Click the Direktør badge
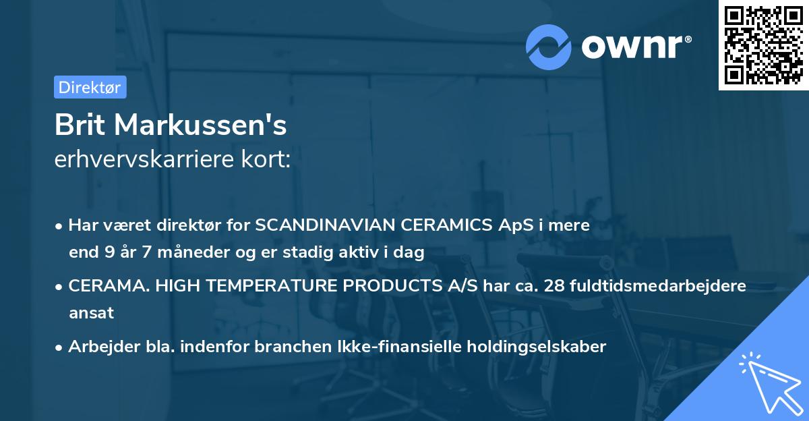[90, 87]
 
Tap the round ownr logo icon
[549, 47]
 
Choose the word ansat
[91, 313]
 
